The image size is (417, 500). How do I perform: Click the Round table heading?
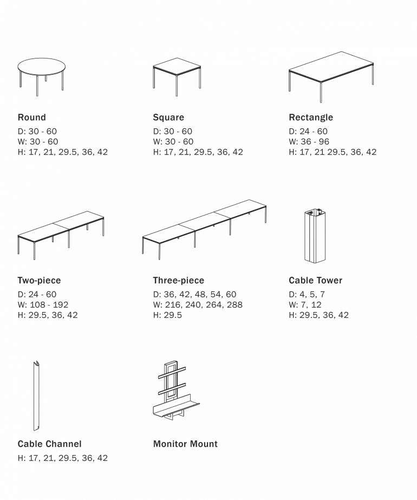tap(32, 118)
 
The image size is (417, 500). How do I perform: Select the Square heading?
tap(168, 118)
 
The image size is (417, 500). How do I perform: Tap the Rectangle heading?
tap(311, 118)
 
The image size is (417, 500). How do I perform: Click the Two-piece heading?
tap(39, 280)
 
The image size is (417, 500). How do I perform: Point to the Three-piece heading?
tap(179, 280)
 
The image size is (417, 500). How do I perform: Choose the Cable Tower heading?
tap(316, 280)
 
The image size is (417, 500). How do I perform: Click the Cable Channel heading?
tap(49, 444)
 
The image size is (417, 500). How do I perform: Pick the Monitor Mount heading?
tap(185, 444)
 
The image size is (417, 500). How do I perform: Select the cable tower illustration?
tap(315, 236)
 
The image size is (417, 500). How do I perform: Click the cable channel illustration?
tap(36, 396)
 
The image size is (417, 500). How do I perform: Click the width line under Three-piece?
tap(198, 305)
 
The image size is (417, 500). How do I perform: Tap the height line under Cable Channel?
tap(63, 458)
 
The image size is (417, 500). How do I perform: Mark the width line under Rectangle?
tap(309, 141)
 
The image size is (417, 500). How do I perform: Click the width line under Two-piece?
tap(43, 305)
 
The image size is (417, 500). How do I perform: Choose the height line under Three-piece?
tap(167, 315)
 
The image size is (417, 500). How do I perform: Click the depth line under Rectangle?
tap(308, 132)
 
